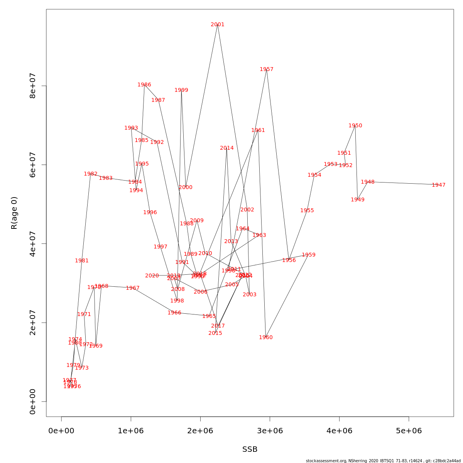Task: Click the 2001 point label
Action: pyautogui.click(x=218, y=25)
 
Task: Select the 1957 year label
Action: pyautogui.click(x=267, y=69)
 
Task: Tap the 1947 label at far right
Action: pyautogui.click(x=439, y=185)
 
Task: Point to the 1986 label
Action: pyautogui.click(x=144, y=85)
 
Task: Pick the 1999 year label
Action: pyautogui.click(x=181, y=90)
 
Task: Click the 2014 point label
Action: pyautogui.click(x=227, y=148)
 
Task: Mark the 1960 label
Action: pyautogui.click(x=266, y=338)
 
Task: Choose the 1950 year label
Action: pyautogui.click(x=355, y=126)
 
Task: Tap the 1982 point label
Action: pyautogui.click(x=91, y=174)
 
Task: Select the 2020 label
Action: pyautogui.click(x=152, y=276)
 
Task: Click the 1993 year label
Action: pyautogui.click(x=131, y=128)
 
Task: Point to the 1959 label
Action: pyautogui.click(x=309, y=255)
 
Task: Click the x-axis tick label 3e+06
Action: pyautogui.click(x=270, y=431)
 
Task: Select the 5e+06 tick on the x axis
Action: pyautogui.click(x=409, y=431)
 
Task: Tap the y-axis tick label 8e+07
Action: pyautogui.click(x=33, y=86)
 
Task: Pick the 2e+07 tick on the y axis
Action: pyautogui.click(x=33, y=323)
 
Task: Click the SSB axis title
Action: pyautogui.click(x=250, y=449)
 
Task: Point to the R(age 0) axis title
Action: pyautogui.click(x=14, y=213)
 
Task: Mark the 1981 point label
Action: pyautogui.click(x=82, y=261)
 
